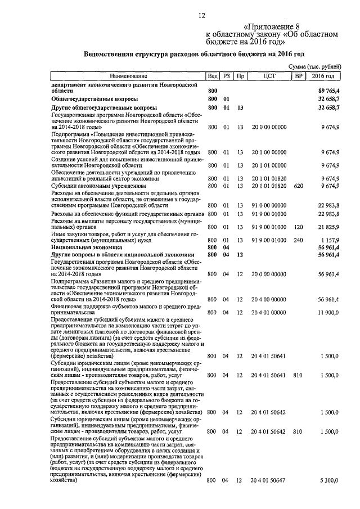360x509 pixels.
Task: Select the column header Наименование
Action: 128,75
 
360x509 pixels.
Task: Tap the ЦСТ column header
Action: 269,75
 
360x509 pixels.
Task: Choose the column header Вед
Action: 213,75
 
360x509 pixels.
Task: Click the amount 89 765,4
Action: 328,91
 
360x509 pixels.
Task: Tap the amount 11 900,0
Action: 328,312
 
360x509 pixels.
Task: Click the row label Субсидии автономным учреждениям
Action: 98,185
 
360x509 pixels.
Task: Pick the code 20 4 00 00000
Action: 269,299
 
